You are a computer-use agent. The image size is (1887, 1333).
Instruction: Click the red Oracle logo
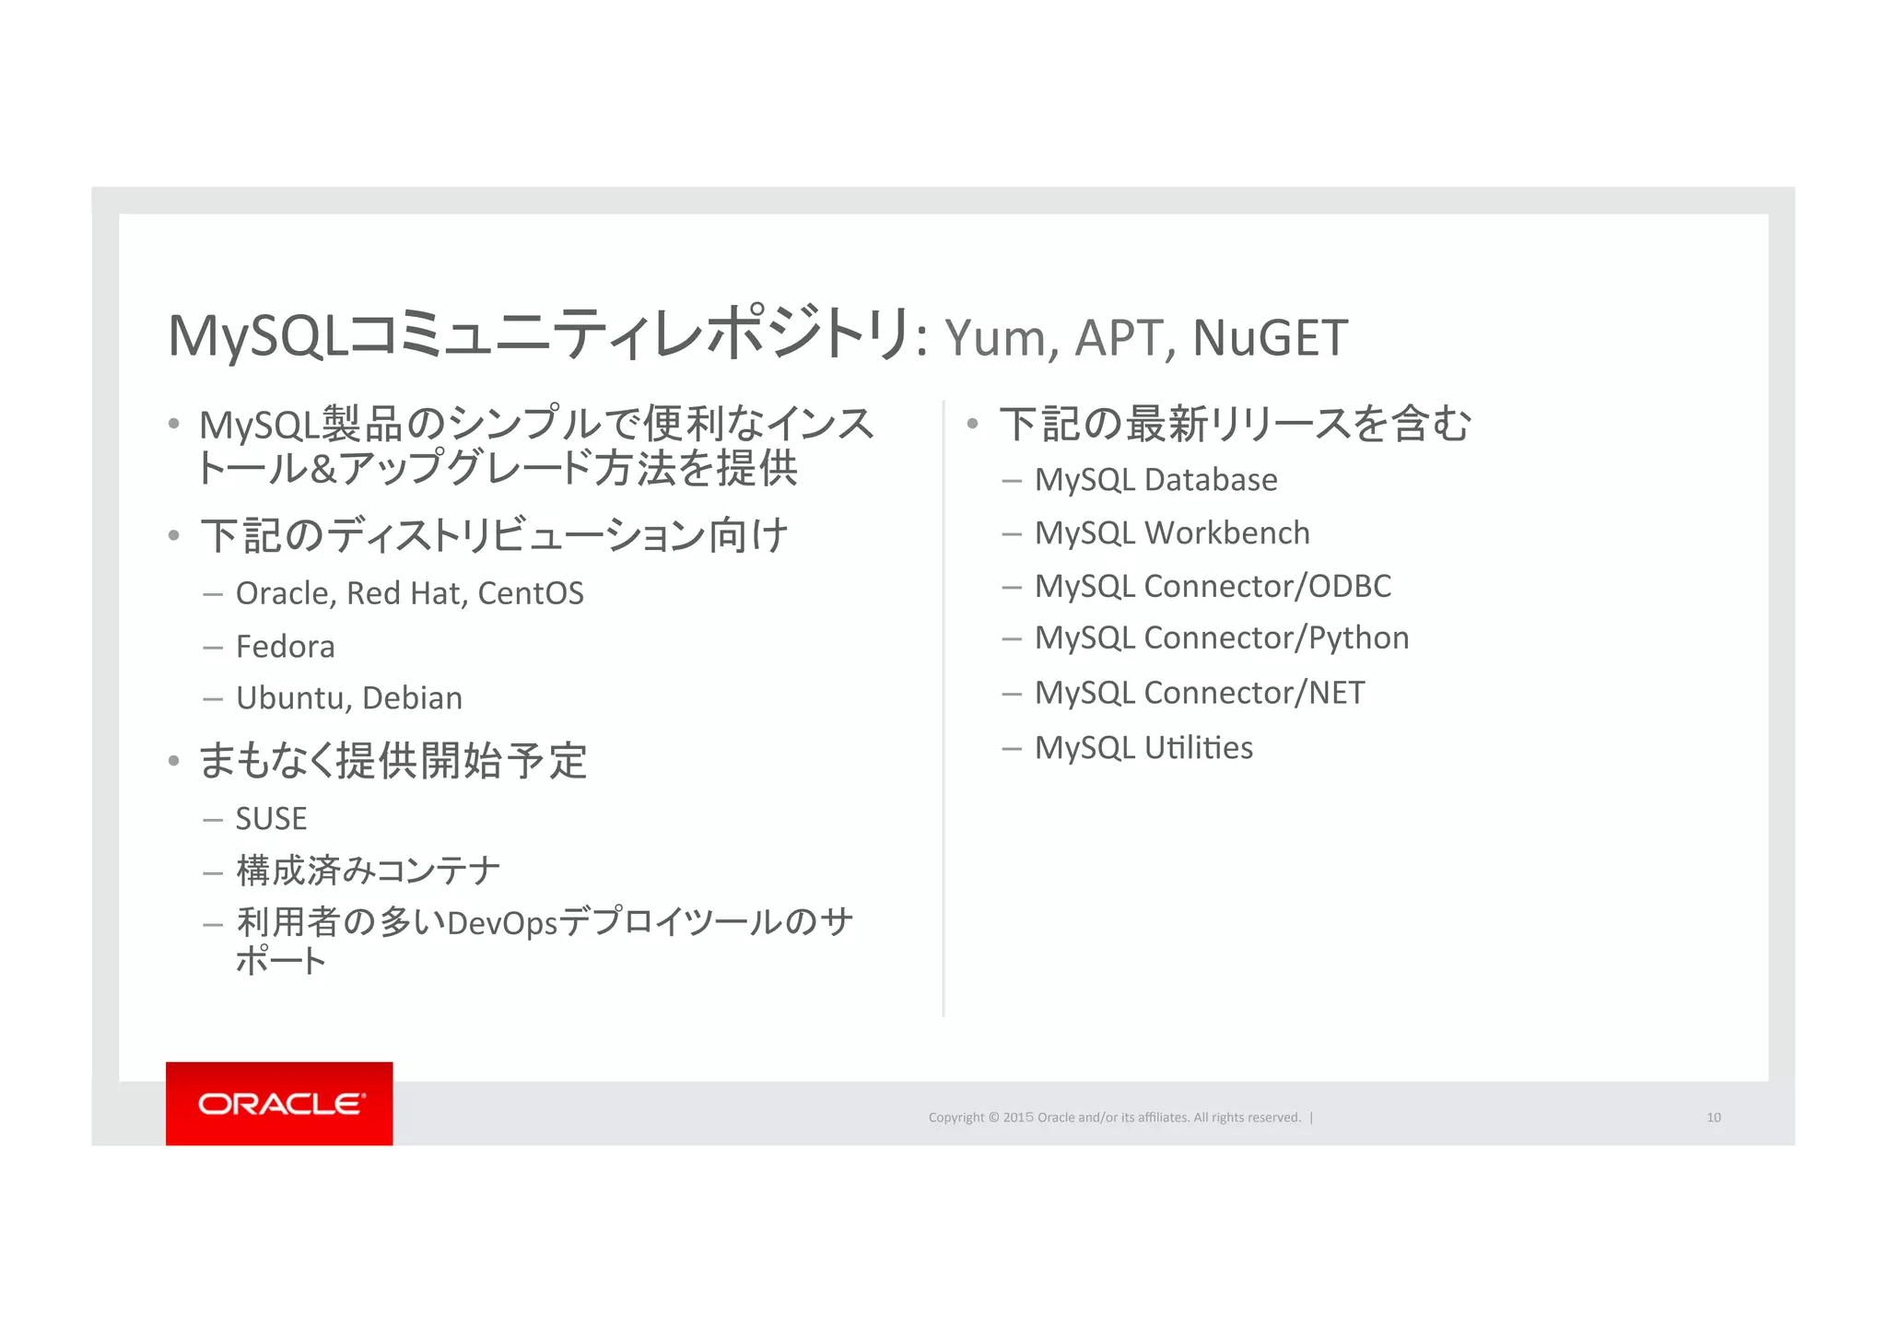(x=279, y=1103)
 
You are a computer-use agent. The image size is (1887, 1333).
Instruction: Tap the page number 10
(x=1714, y=1117)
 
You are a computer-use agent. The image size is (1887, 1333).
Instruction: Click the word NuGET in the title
(x=1270, y=337)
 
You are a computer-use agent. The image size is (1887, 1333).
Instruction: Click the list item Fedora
(x=285, y=647)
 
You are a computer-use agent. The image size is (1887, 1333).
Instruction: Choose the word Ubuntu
(x=289, y=698)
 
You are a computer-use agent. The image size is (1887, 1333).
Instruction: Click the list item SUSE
(x=271, y=818)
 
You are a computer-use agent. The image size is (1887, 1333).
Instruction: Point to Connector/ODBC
(x=1267, y=586)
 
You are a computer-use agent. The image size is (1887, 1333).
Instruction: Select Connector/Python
(x=1276, y=637)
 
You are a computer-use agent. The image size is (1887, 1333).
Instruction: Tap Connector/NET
(x=1254, y=693)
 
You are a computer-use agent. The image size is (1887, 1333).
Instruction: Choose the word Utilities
(x=1198, y=747)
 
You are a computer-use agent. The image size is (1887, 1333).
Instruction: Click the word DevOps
(x=502, y=922)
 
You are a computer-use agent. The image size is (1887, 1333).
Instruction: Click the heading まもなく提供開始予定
(x=393, y=761)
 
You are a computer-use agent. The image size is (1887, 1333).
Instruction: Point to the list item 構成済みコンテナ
(x=368, y=871)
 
